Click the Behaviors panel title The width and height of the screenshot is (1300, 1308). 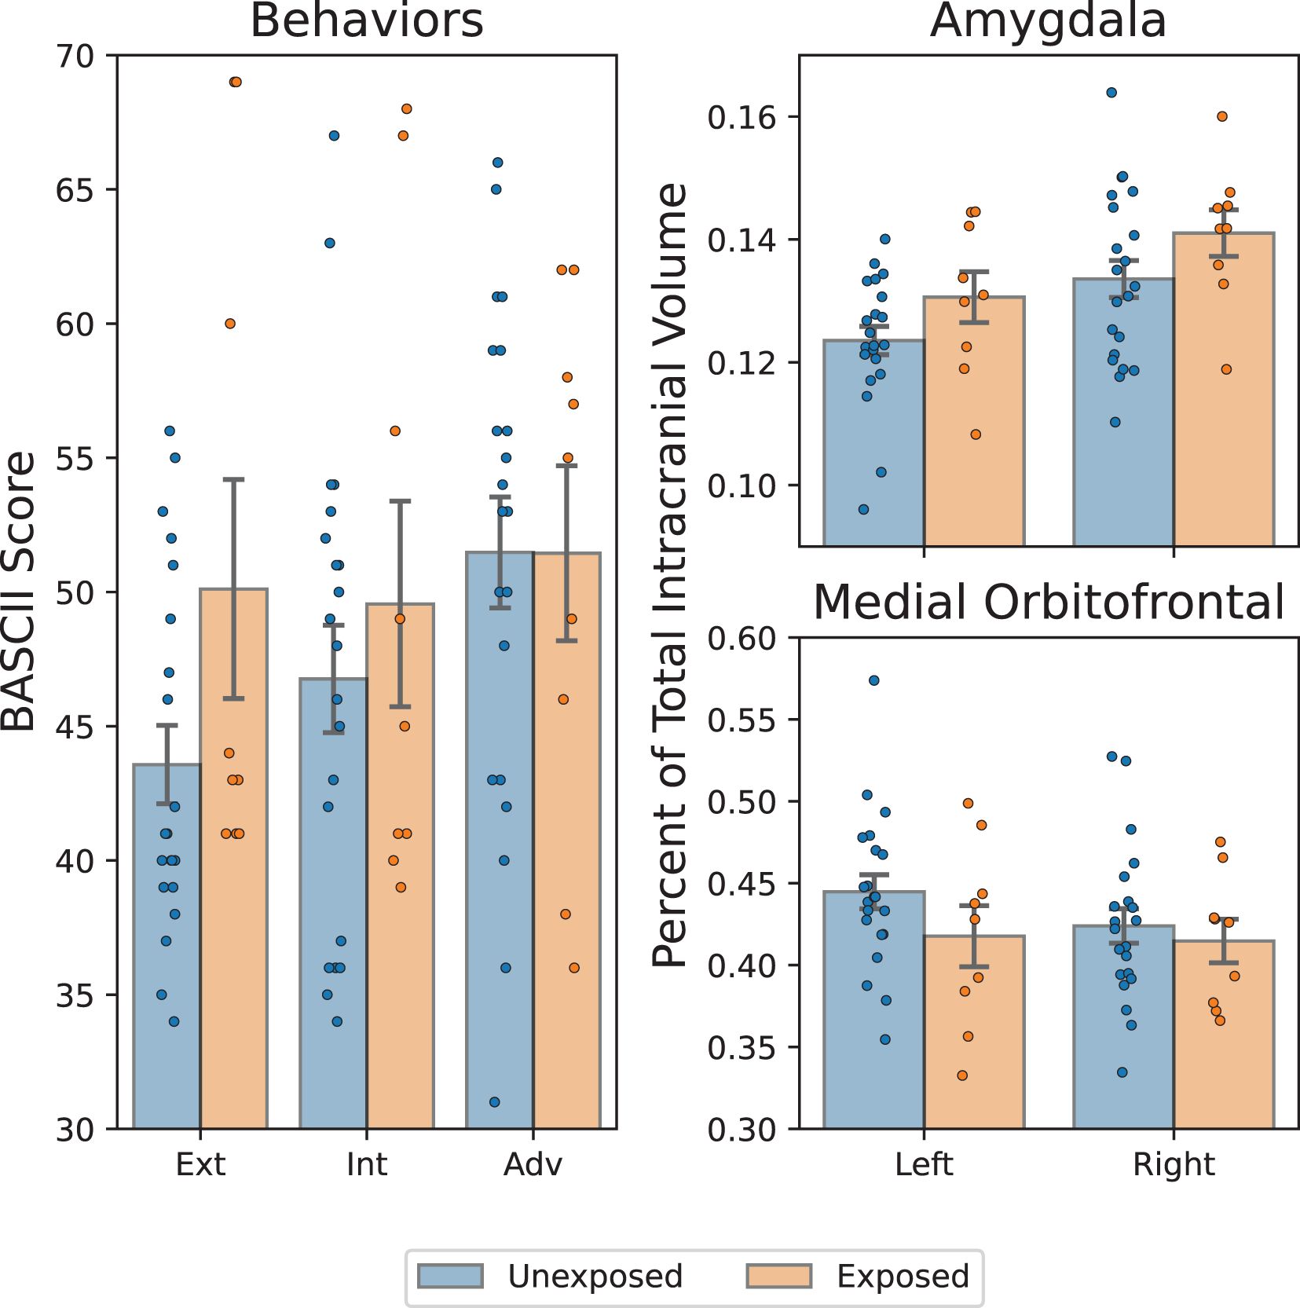pos(366,20)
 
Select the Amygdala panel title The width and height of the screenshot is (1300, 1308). pos(1048,21)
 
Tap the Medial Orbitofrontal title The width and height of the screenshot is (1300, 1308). pos(1049,603)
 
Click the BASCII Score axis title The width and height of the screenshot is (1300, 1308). pos(19,591)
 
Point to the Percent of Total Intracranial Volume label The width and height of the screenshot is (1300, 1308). pos(670,575)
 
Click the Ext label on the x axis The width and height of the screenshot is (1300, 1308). pos(200,1164)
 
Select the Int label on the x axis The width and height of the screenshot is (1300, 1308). pos(367,1164)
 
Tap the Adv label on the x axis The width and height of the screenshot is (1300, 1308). pos(533,1164)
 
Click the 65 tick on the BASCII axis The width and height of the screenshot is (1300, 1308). pos(75,190)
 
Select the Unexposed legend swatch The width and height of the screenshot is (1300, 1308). pos(450,1276)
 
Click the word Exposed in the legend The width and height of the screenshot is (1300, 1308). pos(903,1277)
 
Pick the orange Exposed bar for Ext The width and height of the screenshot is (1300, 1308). pos(234,859)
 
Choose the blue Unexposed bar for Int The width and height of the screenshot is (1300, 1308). pos(334,903)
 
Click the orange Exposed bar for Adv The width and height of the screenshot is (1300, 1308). pos(567,841)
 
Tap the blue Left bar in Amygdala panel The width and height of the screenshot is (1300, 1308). pos(873,443)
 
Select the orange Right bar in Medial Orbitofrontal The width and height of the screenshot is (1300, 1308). pos(1224,1035)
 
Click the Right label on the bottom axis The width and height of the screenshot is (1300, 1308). pos(1174,1164)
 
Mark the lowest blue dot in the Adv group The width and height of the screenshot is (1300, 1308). pos(495,1102)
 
